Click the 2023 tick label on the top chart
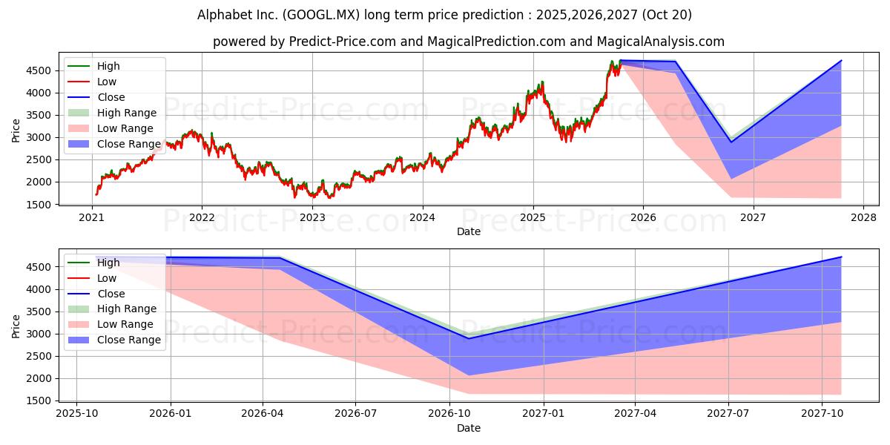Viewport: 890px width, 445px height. pyautogui.click(x=312, y=218)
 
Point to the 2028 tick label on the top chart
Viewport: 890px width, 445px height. pyautogui.click(x=863, y=218)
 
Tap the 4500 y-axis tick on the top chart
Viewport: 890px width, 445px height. pyautogui.click(x=40, y=70)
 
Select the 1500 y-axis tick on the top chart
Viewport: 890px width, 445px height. pyautogui.click(x=40, y=204)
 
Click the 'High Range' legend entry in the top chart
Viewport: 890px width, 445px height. pyautogui.click(x=127, y=113)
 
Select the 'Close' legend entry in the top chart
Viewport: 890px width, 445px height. pyautogui.click(x=111, y=97)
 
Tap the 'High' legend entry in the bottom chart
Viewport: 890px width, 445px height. pyautogui.click(x=108, y=263)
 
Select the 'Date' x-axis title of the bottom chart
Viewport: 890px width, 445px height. pyautogui.click(x=469, y=428)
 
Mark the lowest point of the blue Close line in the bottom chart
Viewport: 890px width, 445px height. pyautogui.click(x=469, y=338)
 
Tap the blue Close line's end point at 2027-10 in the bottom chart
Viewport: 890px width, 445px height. pyautogui.click(x=841, y=257)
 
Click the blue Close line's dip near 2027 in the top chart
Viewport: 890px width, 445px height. pyautogui.click(x=731, y=142)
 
